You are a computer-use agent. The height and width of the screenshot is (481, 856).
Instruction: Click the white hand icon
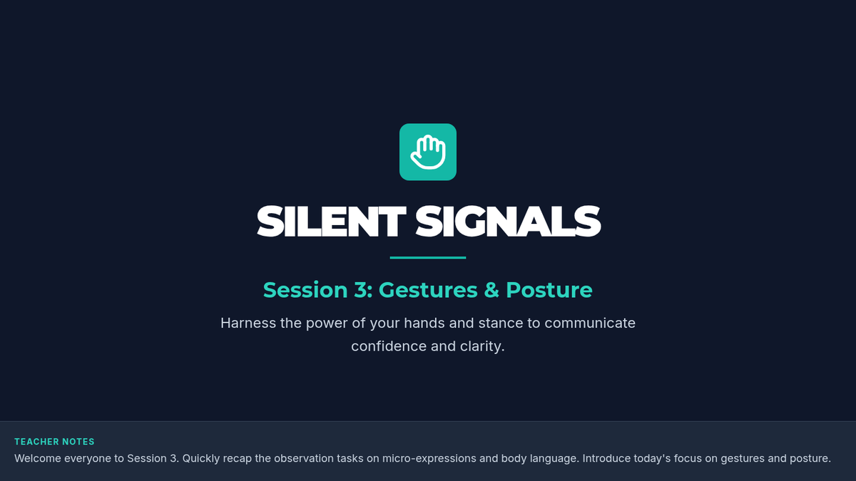428,152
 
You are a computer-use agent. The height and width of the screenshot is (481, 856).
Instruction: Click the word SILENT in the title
331,222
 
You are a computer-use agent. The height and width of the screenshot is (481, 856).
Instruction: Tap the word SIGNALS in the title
508,222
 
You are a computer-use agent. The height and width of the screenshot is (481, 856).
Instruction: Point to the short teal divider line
428,258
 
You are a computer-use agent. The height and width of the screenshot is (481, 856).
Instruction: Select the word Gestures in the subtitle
428,290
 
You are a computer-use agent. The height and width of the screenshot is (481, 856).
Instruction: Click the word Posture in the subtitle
549,290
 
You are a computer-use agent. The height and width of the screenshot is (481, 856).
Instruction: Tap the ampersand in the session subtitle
491,290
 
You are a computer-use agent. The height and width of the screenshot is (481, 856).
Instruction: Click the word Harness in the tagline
248,323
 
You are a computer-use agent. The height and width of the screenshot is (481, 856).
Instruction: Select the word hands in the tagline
424,323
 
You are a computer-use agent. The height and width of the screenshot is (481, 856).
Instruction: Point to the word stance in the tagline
501,324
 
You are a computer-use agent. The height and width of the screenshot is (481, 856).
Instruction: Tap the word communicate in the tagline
590,324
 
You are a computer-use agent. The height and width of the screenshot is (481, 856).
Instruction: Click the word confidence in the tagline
389,346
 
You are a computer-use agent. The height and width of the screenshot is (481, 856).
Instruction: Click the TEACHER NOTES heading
54,442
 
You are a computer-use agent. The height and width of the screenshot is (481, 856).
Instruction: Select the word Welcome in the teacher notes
38,458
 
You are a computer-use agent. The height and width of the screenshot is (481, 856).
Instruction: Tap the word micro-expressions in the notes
429,458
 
